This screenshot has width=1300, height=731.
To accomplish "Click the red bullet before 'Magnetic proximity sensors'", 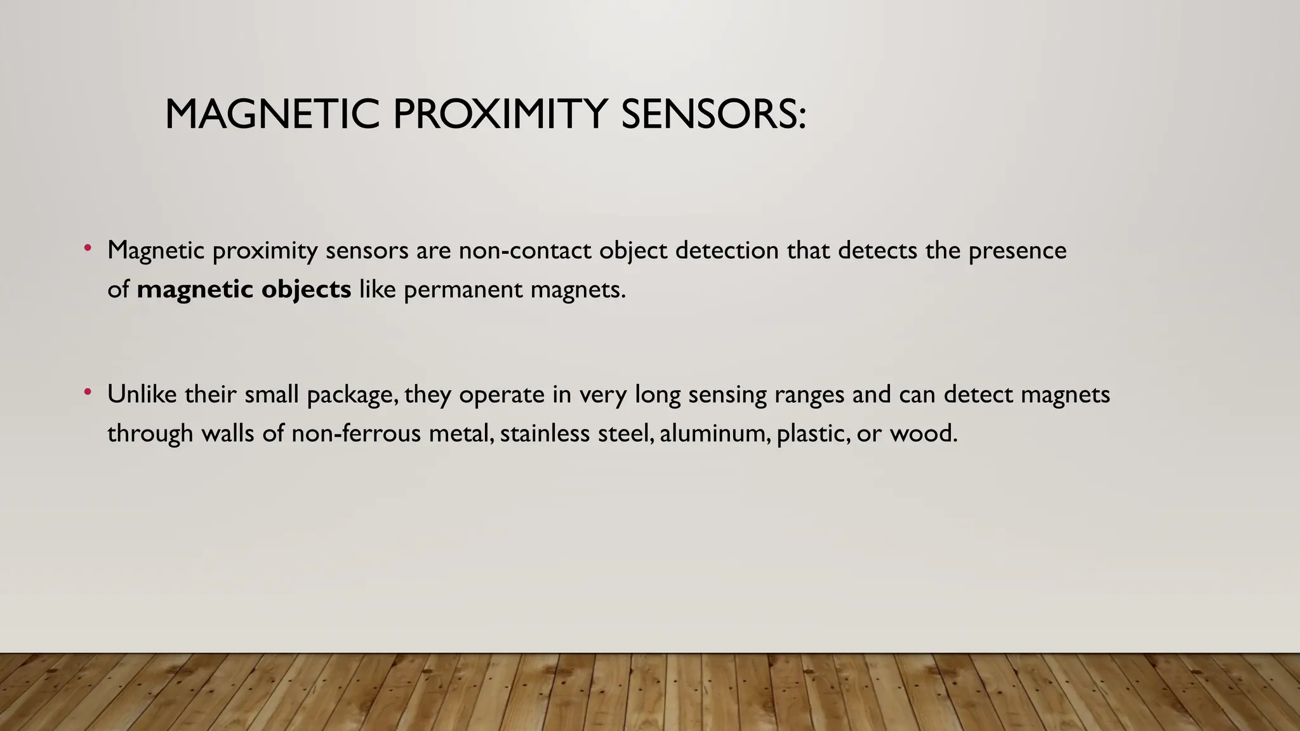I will point(88,248).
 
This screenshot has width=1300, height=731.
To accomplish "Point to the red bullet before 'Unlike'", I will point(88,392).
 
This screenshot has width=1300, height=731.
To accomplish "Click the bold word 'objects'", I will point(306,289).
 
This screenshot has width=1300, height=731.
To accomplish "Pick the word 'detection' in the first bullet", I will point(727,251).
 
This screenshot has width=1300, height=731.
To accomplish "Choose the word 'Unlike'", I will point(142,395).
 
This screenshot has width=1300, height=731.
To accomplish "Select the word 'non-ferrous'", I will point(356,434).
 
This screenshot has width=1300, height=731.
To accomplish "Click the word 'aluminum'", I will point(714,434).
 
